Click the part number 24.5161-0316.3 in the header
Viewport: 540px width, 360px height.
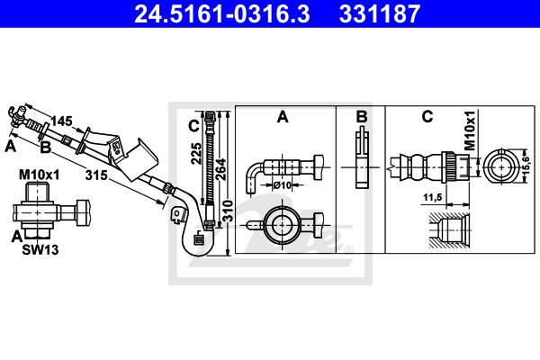tap(222, 13)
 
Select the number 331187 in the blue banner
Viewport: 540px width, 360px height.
tap(380, 13)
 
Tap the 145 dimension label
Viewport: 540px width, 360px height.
tap(61, 121)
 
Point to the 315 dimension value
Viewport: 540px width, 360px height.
tap(96, 175)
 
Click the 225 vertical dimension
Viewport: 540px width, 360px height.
tap(196, 153)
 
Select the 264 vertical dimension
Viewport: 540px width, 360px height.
tap(220, 169)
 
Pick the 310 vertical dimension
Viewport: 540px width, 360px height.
tap(228, 211)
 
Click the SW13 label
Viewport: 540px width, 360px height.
tap(40, 250)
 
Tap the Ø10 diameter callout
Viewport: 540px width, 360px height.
tap(282, 185)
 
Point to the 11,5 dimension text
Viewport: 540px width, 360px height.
tap(433, 197)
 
